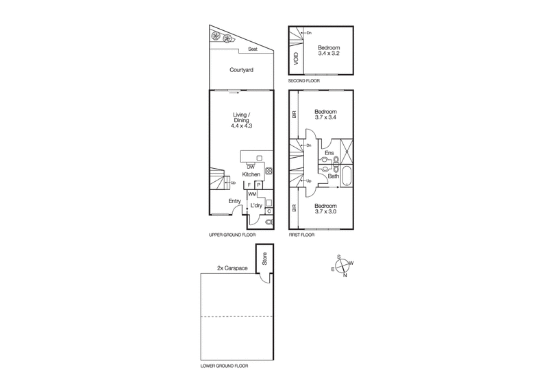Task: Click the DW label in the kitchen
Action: point(251,167)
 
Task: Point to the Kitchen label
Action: point(251,175)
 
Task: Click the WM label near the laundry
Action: point(252,195)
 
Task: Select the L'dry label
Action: point(257,206)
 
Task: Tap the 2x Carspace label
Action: point(232,268)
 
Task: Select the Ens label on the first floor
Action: point(328,153)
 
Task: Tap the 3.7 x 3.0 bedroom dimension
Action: point(325,211)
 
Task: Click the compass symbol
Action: point(342,266)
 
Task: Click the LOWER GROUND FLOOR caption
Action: point(224,367)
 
